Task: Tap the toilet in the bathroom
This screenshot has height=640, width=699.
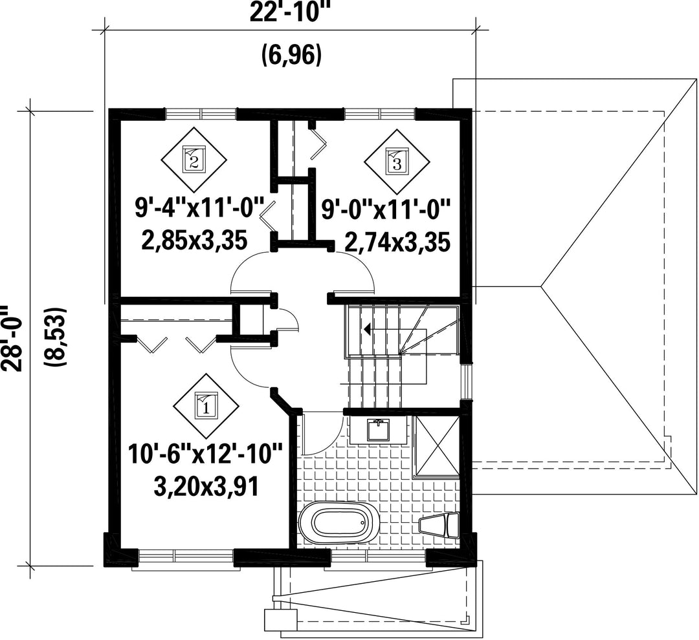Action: coord(439,525)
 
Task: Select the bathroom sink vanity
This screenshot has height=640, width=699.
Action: coord(378,429)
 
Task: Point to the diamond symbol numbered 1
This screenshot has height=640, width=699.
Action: coord(206,405)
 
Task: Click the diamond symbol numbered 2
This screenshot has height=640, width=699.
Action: coord(194,160)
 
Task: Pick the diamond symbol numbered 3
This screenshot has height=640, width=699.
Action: coord(397,162)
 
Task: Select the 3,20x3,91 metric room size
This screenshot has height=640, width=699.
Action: coord(206,487)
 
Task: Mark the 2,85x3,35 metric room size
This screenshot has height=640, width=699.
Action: coord(194,241)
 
